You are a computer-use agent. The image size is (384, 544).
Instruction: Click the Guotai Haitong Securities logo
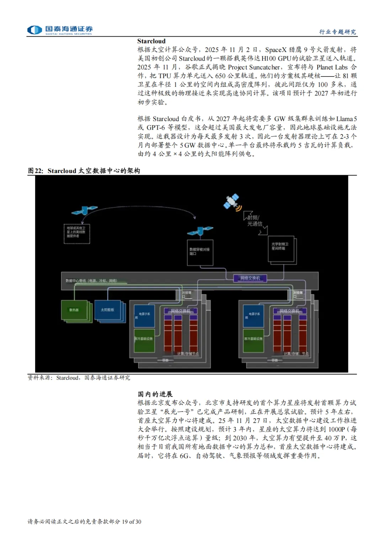tap(60, 30)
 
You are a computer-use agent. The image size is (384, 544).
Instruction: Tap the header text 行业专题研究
tap(337, 32)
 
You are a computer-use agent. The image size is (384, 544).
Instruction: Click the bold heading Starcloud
tap(151, 41)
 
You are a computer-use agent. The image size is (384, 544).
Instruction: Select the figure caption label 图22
tap(35, 171)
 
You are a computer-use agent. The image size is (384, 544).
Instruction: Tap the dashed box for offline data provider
tap(76, 234)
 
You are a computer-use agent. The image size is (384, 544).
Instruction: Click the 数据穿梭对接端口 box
tap(200, 252)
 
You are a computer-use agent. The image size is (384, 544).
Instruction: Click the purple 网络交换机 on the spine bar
tap(250, 278)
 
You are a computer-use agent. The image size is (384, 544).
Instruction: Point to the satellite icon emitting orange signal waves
tap(232, 202)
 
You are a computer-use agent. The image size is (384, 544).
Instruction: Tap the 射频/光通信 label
tap(255, 221)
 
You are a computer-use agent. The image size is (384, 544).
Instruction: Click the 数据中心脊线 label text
tap(91, 281)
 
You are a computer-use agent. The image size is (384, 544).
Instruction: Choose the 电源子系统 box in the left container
tap(144, 315)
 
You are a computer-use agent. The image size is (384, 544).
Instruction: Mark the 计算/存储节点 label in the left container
tap(188, 354)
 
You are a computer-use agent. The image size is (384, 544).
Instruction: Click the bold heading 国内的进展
tap(155, 394)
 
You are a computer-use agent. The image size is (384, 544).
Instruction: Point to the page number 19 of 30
tap(132, 522)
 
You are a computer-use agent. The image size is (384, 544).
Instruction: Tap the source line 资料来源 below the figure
tap(79, 378)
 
